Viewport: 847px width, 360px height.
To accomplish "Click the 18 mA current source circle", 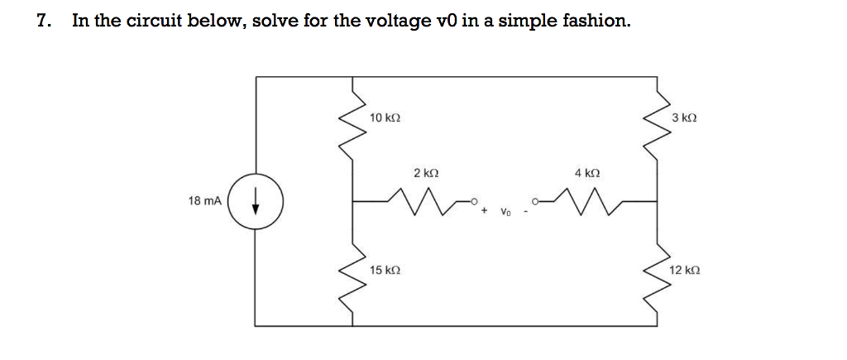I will click(x=256, y=201).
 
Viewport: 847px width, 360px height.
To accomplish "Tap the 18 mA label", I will click(x=204, y=201).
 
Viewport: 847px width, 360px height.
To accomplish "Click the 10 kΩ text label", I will click(x=385, y=118).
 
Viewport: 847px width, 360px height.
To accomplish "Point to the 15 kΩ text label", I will click(x=385, y=270).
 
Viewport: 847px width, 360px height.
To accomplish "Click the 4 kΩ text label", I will click(x=586, y=174).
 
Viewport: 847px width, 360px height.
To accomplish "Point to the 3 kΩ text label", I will click(x=686, y=118).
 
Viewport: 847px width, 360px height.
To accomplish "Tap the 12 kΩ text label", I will click(x=686, y=270).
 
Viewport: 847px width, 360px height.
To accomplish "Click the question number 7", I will click(x=43, y=21).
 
